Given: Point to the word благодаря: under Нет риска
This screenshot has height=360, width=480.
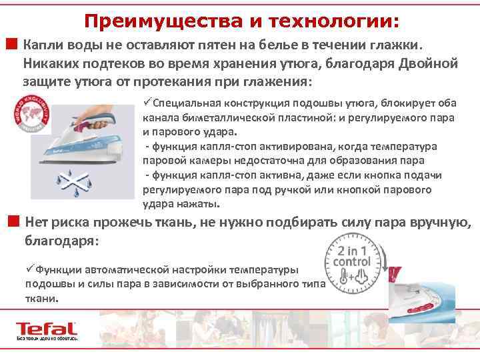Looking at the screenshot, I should pyautogui.click(x=61, y=239).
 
